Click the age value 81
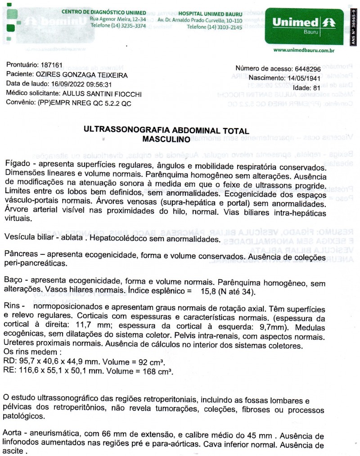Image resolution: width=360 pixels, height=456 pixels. tap(315, 87)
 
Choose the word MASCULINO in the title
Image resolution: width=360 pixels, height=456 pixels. tap(166, 140)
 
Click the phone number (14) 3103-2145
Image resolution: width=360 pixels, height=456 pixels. tap(214, 27)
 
